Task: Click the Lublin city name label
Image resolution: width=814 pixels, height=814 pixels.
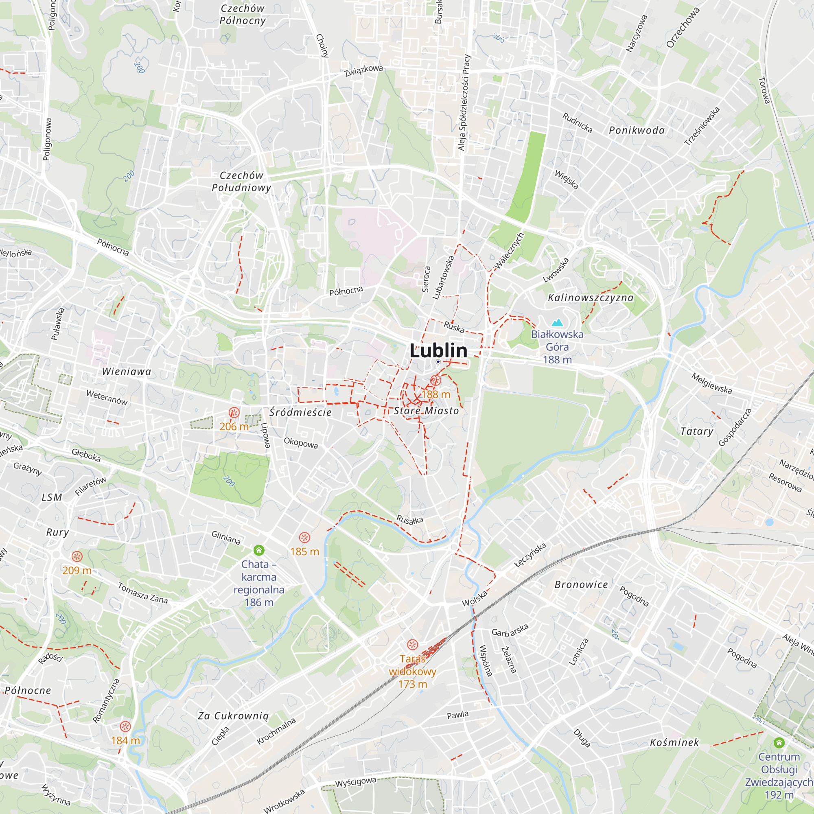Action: (x=438, y=350)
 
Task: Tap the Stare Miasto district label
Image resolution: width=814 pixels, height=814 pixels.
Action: (x=426, y=411)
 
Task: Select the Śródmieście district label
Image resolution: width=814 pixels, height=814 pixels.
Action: (x=300, y=412)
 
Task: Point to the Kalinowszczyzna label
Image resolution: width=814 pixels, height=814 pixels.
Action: (x=590, y=298)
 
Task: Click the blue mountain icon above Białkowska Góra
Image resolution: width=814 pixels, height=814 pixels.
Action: (x=557, y=323)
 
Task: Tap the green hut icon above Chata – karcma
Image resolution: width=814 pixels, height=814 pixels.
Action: (x=259, y=550)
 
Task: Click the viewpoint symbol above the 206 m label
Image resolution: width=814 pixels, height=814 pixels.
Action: (x=234, y=412)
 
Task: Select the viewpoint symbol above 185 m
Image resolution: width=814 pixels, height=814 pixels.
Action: (x=304, y=538)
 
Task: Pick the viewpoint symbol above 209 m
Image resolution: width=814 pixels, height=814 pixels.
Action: (x=77, y=556)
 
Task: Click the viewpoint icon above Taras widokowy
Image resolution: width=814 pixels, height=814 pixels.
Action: (x=412, y=645)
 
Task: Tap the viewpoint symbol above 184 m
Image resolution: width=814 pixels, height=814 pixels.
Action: (x=125, y=726)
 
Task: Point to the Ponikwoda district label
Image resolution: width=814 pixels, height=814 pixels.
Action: (x=637, y=131)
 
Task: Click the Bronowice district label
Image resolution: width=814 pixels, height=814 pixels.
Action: (x=581, y=585)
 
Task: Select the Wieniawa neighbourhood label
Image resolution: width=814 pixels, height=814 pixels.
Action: (x=127, y=372)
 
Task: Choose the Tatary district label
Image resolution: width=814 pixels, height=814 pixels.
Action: (x=697, y=431)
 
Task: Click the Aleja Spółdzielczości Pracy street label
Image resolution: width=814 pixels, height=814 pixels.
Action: (x=464, y=103)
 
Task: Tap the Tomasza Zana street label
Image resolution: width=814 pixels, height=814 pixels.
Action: (x=142, y=593)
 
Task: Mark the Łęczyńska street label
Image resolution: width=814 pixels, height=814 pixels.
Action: (x=530, y=555)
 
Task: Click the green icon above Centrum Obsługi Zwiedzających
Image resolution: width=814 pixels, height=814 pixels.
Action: (x=779, y=742)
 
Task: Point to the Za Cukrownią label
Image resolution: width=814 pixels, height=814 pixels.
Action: (x=233, y=716)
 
